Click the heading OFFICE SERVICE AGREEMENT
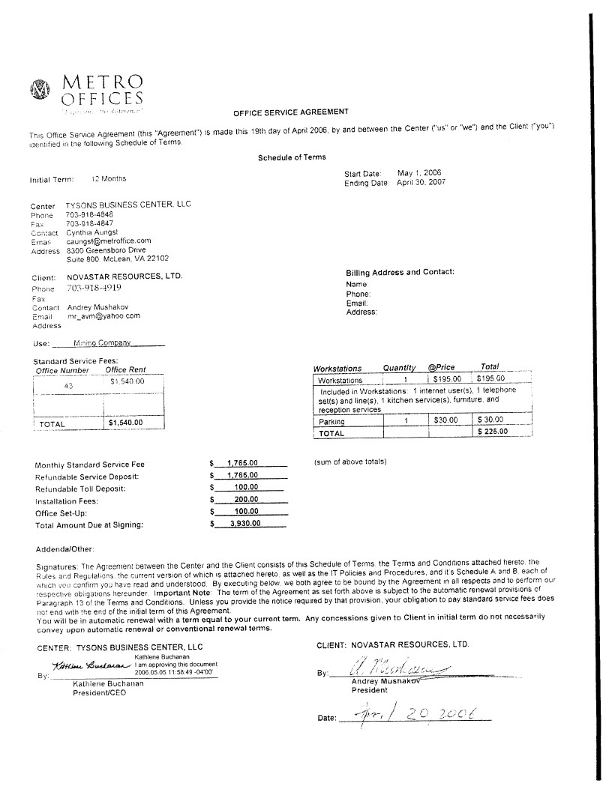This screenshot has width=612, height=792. click(x=291, y=112)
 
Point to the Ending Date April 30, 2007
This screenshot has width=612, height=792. click(x=421, y=182)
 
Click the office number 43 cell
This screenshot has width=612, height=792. click(x=67, y=387)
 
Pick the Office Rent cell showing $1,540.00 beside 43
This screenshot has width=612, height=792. click(x=127, y=381)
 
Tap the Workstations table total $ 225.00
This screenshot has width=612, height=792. click(x=492, y=432)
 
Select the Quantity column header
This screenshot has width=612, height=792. click(x=399, y=368)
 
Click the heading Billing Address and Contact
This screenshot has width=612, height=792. click(x=400, y=272)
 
